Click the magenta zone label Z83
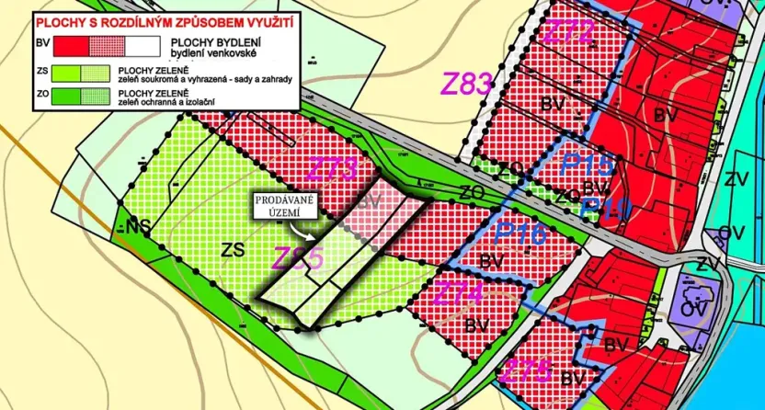tap(468, 83)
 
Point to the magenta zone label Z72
tap(569, 34)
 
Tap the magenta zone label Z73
tap(332, 168)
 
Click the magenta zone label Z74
tap(457, 294)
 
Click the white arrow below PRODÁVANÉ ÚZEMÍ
tap(326, 227)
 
